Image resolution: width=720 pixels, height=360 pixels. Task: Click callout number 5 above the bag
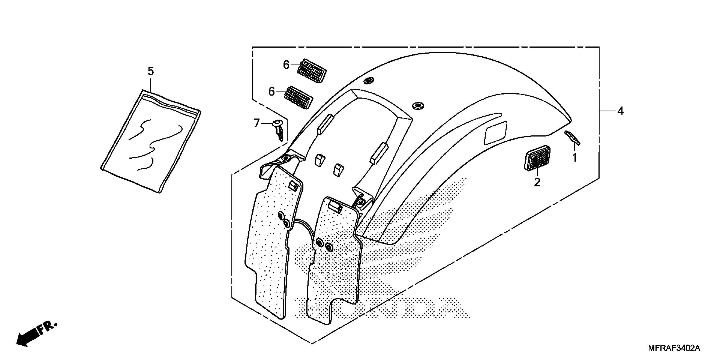(151, 72)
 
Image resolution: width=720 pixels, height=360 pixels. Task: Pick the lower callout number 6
(271, 91)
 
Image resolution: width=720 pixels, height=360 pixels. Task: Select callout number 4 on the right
(620, 111)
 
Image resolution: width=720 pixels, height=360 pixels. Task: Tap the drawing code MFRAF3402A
(674, 348)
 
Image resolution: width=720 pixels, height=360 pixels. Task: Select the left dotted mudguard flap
(273, 240)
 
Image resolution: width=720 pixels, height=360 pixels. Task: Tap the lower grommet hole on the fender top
(418, 105)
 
